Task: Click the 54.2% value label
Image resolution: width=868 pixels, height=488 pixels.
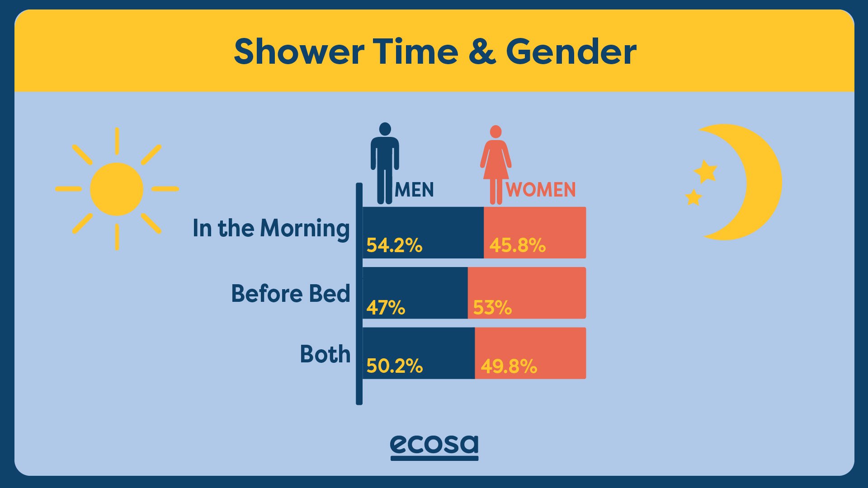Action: click(394, 245)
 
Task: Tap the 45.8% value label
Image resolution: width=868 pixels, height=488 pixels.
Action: click(517, 245)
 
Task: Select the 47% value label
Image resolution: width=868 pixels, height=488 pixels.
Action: click(386, 308)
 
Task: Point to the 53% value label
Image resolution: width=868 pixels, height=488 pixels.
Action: click(492, 308)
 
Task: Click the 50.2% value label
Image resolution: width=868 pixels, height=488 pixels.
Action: click(394, 366)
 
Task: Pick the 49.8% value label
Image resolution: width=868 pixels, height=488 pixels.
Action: click(509, 366)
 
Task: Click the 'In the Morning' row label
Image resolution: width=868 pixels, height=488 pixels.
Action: click(271, 229)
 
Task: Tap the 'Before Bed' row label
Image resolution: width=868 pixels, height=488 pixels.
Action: click(291, 294)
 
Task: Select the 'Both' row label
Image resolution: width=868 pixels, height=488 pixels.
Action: click(325, 354)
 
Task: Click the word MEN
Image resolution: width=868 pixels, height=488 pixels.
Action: click(414, 190)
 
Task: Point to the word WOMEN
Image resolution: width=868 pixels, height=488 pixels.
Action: click(541, 190)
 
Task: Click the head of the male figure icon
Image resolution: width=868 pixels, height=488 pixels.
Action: click(385, 129)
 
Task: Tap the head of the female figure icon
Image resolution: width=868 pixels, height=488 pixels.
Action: click(496, 131)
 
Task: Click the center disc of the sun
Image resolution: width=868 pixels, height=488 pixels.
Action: click(117, 189)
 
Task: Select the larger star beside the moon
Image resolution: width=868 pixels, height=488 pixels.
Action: click(705, 171)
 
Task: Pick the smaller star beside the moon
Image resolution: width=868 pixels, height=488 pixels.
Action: click(693, 197)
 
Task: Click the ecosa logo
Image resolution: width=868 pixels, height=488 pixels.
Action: click(434, 447)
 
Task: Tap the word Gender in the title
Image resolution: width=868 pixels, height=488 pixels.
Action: click(571, 52)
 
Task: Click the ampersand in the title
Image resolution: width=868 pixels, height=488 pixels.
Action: click(482, 52)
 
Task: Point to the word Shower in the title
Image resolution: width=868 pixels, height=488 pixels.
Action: click(299, 52)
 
